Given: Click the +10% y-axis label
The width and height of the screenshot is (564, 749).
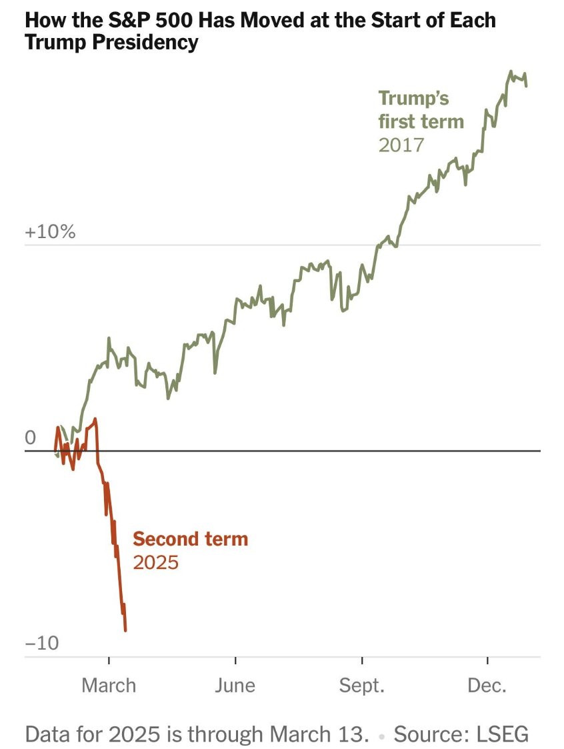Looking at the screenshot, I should coord(50,233).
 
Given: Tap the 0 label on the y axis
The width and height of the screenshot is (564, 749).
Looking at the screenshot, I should coord(31,438).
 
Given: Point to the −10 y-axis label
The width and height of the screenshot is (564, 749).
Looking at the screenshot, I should coord(41,644).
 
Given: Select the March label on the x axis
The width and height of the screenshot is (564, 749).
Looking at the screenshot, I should coord(109,685).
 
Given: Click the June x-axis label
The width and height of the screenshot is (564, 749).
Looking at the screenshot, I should coord(235,685).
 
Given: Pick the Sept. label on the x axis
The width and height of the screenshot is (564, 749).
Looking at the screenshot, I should coord(362,685).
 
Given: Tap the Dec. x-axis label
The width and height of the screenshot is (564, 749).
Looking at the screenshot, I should coord(487,685).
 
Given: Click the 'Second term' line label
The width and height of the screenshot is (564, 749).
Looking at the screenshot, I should coord(190,539).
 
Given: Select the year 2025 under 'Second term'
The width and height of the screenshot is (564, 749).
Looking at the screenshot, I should coord(156,562).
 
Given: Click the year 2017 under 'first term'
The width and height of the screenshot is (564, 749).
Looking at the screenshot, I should coord(401,145).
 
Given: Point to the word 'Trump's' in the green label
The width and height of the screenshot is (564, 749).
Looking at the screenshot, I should coord(413,99).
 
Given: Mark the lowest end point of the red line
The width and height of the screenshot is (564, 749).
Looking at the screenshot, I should coord(125,630).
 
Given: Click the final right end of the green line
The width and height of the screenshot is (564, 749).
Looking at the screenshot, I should coord(527,85).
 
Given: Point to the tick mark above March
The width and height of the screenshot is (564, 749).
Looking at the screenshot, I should coord(109,661).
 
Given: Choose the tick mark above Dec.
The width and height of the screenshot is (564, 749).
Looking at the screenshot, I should coord(487,661).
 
